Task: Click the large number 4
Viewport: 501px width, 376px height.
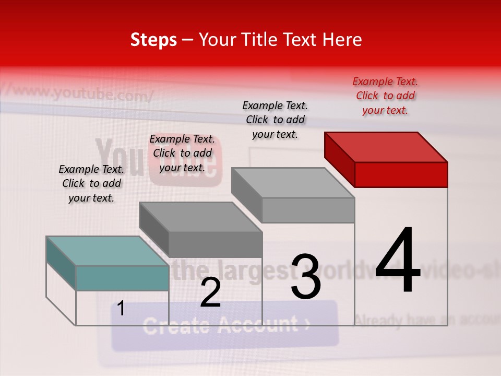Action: (398, 261)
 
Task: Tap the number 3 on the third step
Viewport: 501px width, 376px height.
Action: (306, 277)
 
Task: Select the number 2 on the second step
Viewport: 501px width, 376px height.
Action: (210, 292)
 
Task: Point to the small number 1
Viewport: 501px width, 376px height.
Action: (121, 309)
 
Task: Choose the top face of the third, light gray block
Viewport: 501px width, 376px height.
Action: (293, 183)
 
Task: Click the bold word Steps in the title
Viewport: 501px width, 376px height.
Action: (153, 40)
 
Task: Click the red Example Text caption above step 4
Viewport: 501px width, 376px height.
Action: (385, 96)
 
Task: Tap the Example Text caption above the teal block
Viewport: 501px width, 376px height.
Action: (91, 183)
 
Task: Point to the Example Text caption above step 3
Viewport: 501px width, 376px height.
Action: (275, 120)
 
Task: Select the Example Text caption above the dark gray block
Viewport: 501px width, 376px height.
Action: (182, 153)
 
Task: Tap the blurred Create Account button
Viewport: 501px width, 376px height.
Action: (225, 325)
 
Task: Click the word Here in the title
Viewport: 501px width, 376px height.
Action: (342, 40)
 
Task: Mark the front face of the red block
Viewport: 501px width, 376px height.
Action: (401, 174)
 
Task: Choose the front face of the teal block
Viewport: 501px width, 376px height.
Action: (122, 278)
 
